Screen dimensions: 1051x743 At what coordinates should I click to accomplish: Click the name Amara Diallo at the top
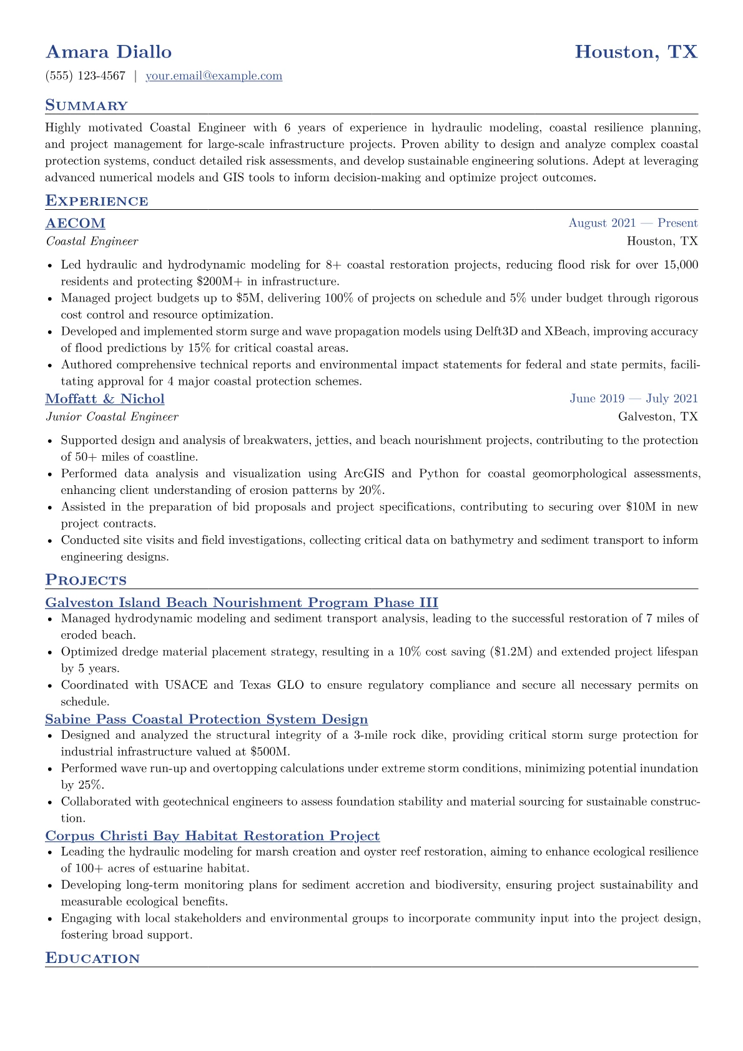point(109,52)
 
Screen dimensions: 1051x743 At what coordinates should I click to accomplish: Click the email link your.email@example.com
point(214,76)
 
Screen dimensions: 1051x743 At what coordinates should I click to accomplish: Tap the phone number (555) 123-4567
point(86,76)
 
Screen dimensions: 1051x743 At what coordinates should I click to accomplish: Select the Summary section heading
point(86,106)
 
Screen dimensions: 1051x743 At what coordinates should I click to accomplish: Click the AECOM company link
point(76,224)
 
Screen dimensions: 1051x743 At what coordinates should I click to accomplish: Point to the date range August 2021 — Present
point(632,223)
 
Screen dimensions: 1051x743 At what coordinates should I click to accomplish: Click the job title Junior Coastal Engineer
point(112,417)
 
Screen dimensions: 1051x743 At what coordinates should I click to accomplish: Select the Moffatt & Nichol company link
point(105,399)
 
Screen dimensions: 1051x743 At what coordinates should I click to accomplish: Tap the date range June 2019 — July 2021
point(633,398)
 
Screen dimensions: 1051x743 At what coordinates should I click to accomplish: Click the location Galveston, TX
point(657,417)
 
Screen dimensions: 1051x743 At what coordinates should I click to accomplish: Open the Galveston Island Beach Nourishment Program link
point(242,603)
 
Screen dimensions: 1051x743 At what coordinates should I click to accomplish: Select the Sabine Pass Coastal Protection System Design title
point(207,719)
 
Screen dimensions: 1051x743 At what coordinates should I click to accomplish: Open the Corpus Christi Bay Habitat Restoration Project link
point(212,836)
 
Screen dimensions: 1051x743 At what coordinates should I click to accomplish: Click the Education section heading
point(92,959)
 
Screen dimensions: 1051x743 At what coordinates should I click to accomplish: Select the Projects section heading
point(86,580)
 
